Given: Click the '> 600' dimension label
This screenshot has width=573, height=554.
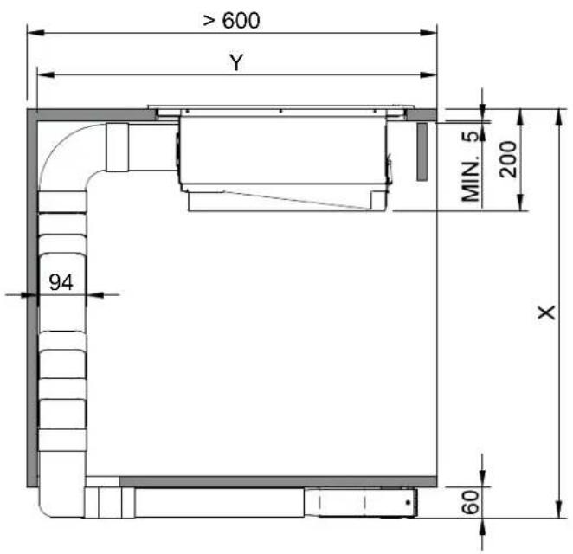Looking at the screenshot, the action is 231,21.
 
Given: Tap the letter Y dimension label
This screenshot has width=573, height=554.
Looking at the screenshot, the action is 236,62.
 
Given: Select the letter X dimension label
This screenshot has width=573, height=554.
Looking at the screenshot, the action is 547,312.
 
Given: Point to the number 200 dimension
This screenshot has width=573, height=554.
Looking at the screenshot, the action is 508,159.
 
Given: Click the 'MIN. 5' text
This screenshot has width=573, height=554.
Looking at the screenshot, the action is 472,166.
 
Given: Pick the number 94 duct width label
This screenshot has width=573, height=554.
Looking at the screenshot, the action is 61,282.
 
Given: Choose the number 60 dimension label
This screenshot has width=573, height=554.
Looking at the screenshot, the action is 471,502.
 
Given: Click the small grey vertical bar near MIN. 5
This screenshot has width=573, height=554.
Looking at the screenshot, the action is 422,151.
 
